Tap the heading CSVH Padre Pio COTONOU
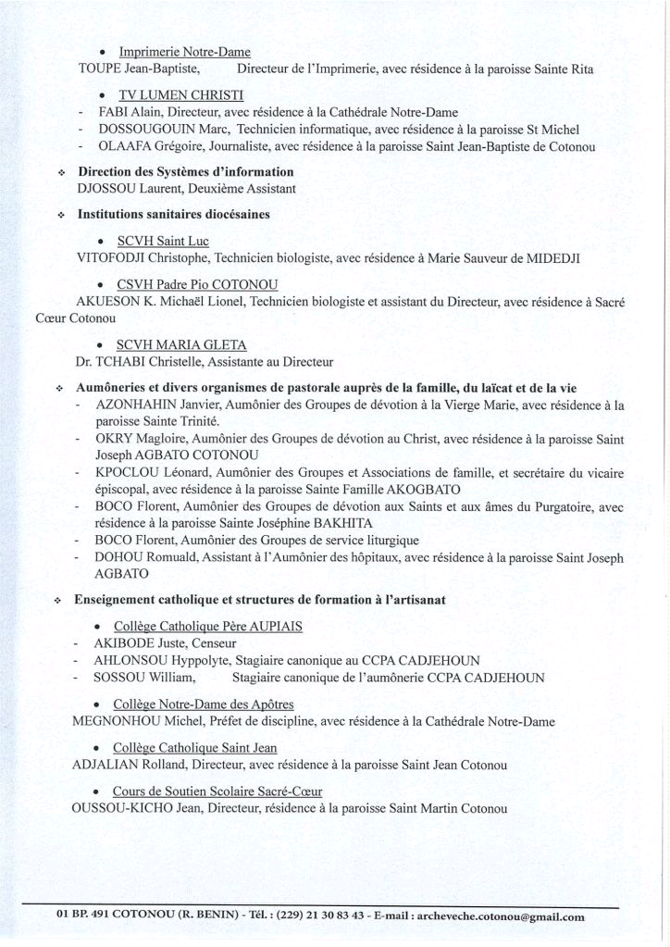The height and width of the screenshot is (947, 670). click(x=197, y=284)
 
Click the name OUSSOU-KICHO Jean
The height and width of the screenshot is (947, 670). click(x=135, y=809)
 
